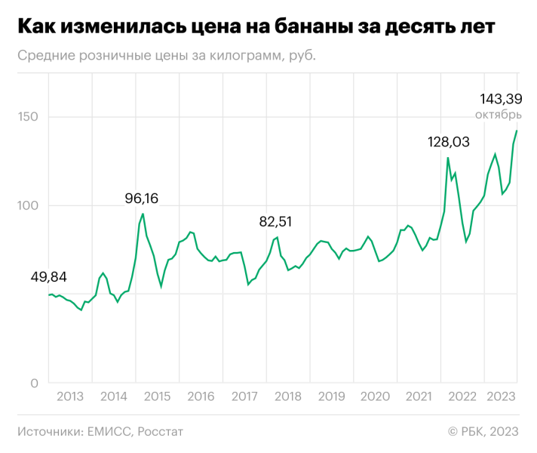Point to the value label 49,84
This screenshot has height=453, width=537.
(48, 278)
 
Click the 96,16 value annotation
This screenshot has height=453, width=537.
(142, 199)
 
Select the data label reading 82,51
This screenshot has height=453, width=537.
(275, 222)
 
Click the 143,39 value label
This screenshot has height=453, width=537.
(500, 99)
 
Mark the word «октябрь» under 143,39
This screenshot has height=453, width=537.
(498, 115)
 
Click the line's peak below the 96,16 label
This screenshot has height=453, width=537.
(143, 214)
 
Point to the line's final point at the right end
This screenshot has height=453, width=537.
(517, 131)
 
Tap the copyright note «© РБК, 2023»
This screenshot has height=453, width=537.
(483, 432)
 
